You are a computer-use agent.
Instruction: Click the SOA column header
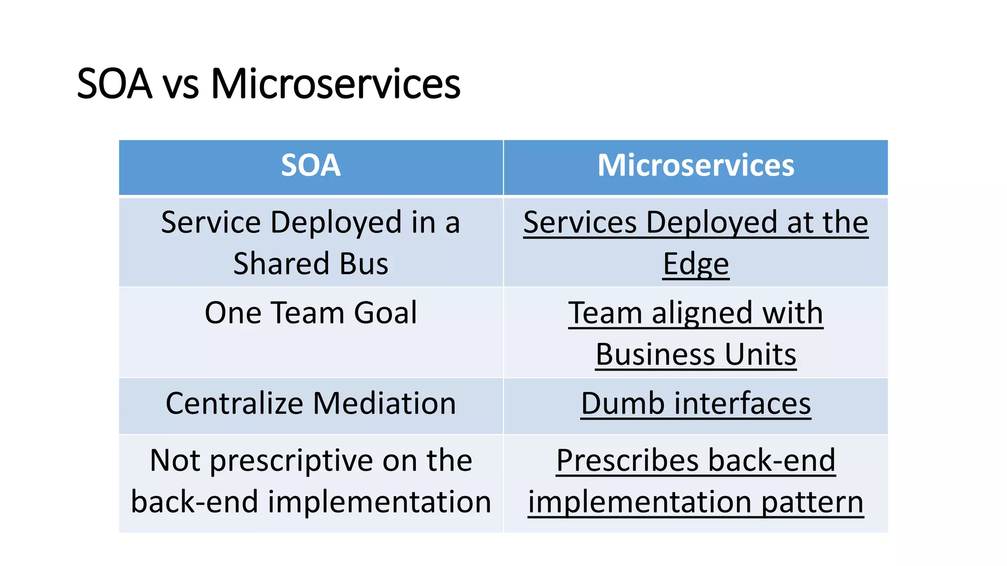[311, 166]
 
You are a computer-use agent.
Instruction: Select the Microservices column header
[696, 166]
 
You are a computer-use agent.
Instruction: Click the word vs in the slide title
[180, 85]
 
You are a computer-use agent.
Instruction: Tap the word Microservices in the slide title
[336, 84]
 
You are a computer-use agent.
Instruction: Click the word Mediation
[385, 404]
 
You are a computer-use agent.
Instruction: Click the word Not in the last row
[175, 461]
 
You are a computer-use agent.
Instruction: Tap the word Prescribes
[627, 461]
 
